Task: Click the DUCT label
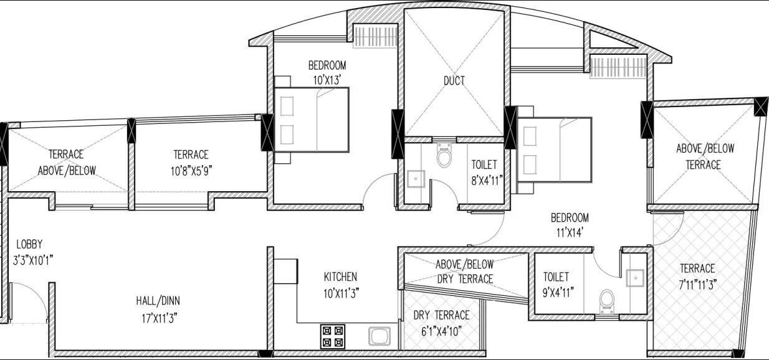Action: tap(454, 80)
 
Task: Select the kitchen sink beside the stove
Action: tap(378, 336)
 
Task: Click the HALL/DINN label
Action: tap(158, 300)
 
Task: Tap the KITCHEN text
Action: tap(340, 277)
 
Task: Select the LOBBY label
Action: tap(29, 244)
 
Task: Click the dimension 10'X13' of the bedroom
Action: tap(327, 79)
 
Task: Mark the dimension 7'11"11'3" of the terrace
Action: tap(697, 284)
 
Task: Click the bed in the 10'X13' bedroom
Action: tap(312, 119)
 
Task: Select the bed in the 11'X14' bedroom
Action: tap(555, 148)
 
